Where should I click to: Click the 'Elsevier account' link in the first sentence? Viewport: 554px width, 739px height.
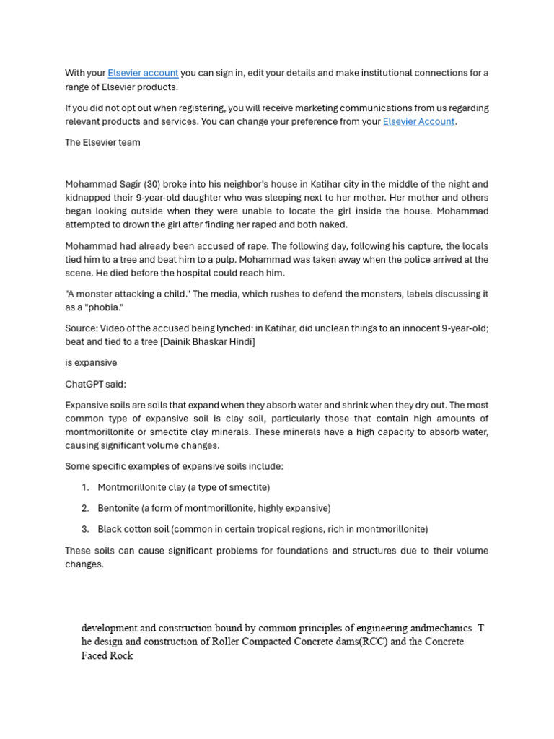point(143,73)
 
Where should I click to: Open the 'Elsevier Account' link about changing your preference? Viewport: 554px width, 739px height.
point(418,121)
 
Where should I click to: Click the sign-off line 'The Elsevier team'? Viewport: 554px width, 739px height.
point(102,142)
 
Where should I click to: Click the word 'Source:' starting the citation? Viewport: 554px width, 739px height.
point(81,328)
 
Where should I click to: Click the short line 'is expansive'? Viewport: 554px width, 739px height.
point(91,362)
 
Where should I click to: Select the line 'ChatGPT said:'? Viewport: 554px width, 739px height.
point(95,384)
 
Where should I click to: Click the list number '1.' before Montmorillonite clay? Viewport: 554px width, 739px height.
point(85,487)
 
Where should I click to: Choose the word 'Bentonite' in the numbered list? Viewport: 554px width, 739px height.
point(118,508)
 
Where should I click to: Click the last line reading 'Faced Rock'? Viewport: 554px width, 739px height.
point(107,656)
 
